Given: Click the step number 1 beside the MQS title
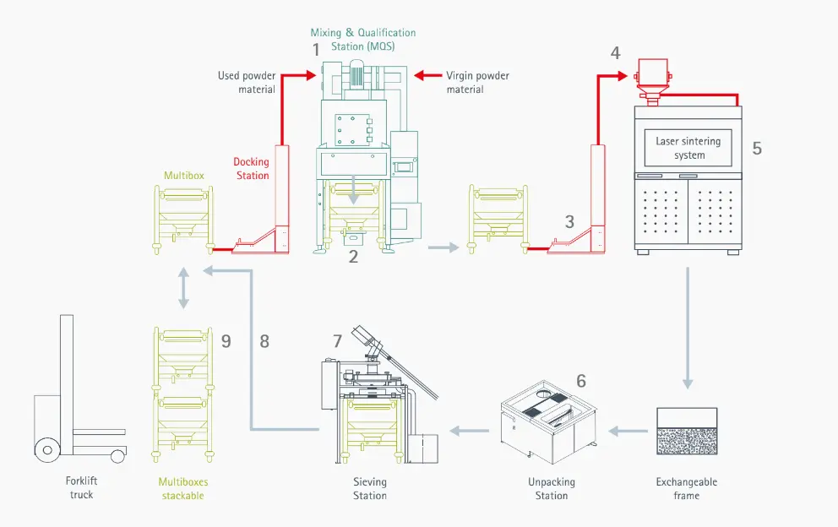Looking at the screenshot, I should point(317,50).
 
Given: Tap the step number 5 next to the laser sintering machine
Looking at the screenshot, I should point(757,148).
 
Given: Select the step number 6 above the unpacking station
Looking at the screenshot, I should point(581,381).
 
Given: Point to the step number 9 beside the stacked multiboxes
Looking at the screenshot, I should point(226,340).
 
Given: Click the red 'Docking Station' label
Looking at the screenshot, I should point(252,169).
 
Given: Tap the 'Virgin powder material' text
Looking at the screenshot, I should point(477,83).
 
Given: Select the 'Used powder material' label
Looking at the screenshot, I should point(247,83).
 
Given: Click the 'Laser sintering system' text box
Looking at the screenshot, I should point(688,149).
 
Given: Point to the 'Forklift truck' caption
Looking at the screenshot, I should point(82,488).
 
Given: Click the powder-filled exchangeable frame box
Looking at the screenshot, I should point(687,432).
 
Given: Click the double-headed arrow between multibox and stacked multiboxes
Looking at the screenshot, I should point(183,289).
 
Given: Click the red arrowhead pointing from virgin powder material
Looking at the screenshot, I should point(423,75).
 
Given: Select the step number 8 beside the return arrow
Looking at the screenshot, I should point(264,341).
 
